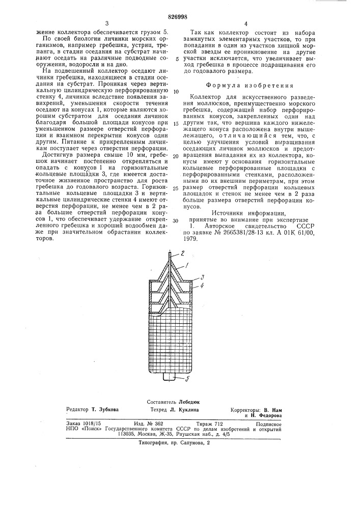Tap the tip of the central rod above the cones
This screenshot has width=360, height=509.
tap(170, 253)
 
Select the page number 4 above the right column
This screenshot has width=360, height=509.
tap(245, 23)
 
